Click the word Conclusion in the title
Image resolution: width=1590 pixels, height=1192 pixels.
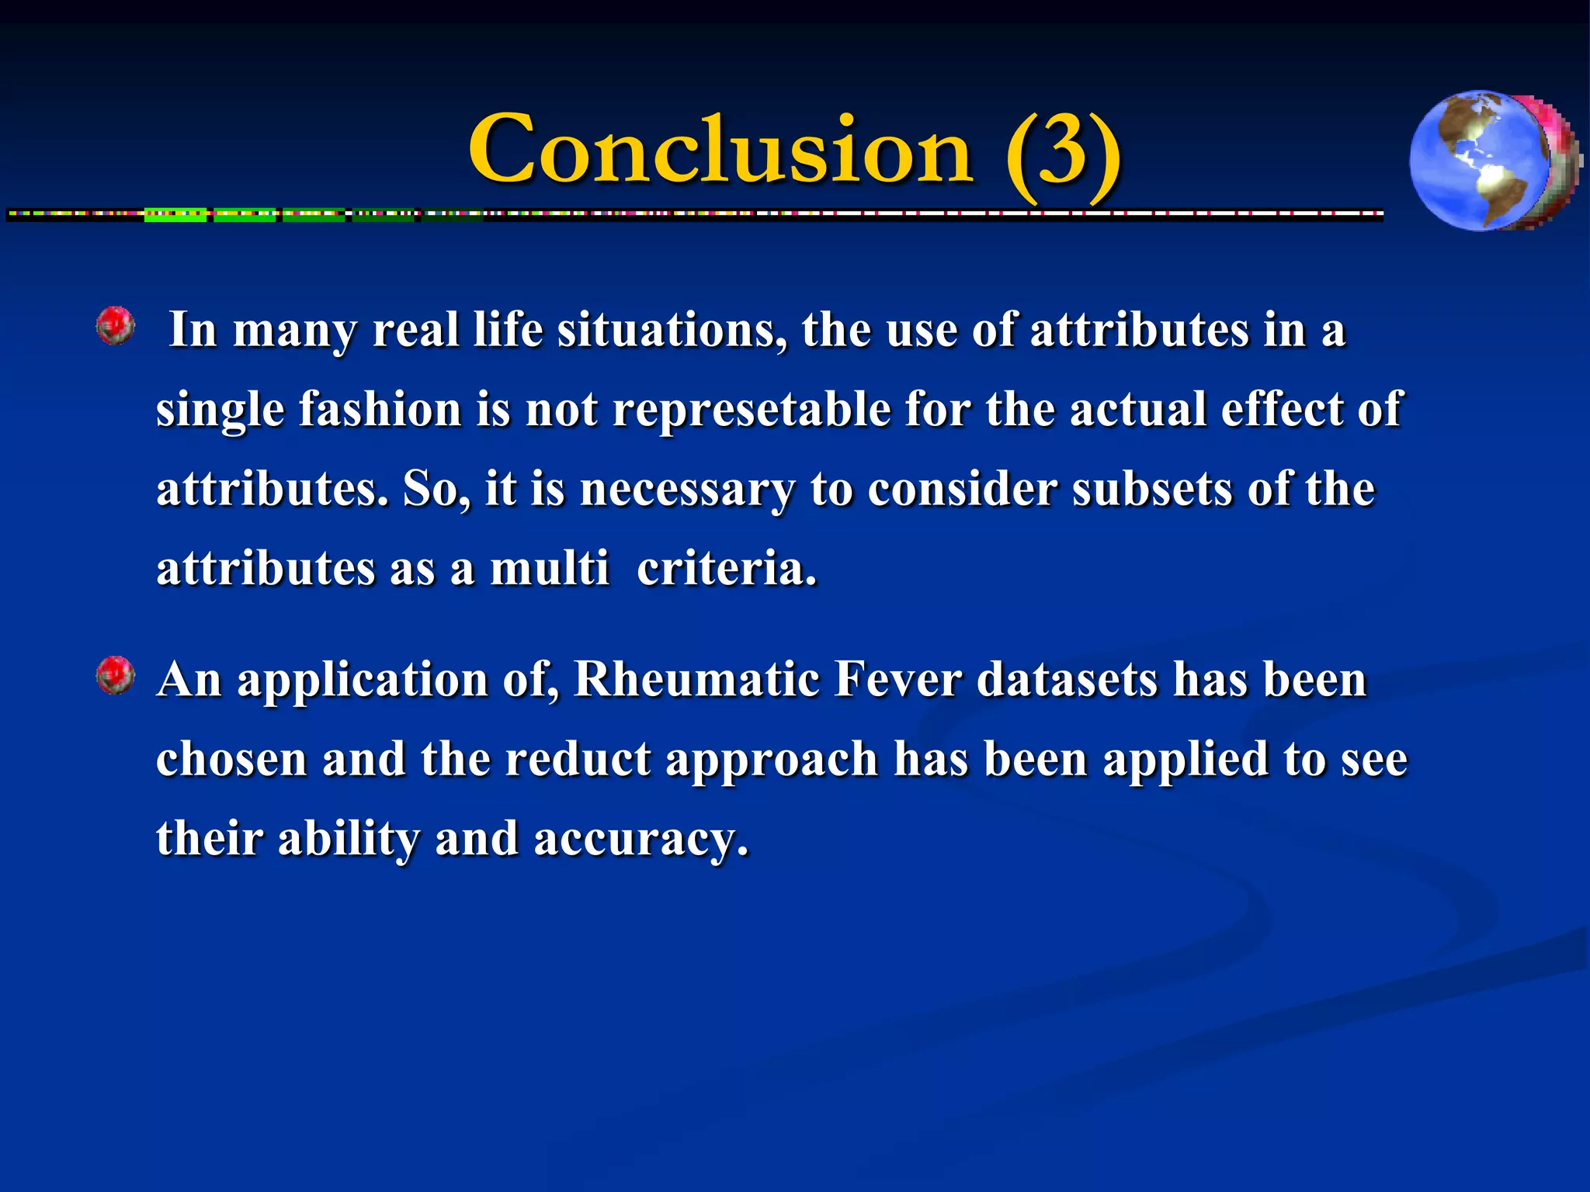click(x=720, y=149)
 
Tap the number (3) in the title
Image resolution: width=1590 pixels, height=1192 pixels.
click(x=1062, y=149)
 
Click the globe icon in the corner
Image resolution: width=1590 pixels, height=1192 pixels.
click(x=1492, y=161)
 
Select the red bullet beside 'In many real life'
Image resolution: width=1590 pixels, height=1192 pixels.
click(x=116, y=325)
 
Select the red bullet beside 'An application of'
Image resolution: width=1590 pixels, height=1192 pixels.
click(x=116, y=675)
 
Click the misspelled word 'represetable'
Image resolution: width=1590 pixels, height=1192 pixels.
click(x=752, y=410)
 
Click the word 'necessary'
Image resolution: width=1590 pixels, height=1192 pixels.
click(x=688, y=490)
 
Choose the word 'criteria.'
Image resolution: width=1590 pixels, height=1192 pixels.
click(x=727, y=568)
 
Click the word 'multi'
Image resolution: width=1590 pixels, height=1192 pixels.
click(x=550, y=568)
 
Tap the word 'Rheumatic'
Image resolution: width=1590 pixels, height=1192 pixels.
click(x=696, y=680)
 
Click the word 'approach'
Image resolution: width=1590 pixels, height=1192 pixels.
click(x=772, y=761)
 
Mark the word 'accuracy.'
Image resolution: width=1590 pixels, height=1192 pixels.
click(x=641, y=840)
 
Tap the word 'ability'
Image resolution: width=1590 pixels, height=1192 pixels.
click(x=349, y=840)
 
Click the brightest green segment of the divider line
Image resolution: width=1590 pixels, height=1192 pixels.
click(x=175, y=216)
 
